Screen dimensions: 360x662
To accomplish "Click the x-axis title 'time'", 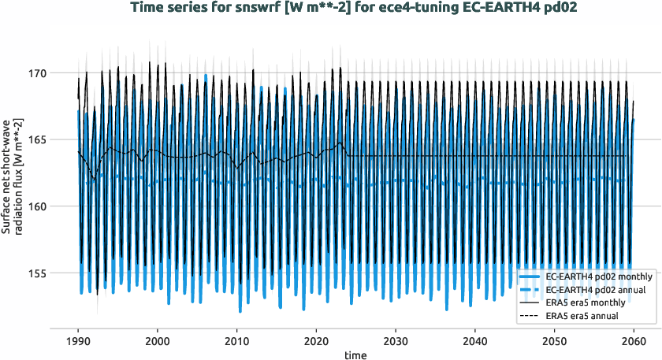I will pyautogui.click(x=355, y=355).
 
